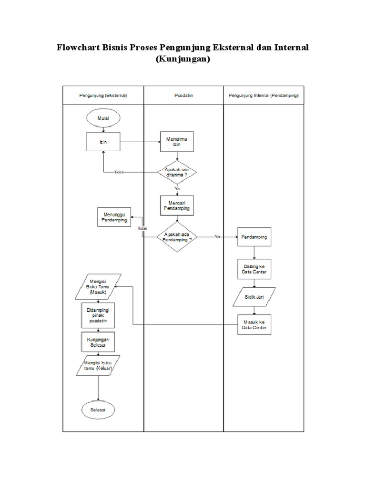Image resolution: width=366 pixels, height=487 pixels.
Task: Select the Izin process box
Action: point(103,142)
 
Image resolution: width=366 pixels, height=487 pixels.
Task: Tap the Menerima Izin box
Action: point(177,142)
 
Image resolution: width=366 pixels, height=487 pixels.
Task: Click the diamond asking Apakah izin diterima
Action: point(177,172)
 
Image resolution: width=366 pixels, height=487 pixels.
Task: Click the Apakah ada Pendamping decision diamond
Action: point(177,237)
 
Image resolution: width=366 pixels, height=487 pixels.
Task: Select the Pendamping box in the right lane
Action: point(254,237)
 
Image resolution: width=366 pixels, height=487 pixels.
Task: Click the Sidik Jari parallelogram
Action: point(254,298)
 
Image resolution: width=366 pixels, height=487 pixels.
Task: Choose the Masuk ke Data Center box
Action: point(254,325)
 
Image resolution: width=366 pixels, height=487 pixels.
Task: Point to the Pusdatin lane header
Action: point(183,95)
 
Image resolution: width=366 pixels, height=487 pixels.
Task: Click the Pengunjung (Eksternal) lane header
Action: point(103,95)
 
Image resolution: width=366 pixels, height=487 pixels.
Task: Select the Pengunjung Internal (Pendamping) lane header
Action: point(264,95)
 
